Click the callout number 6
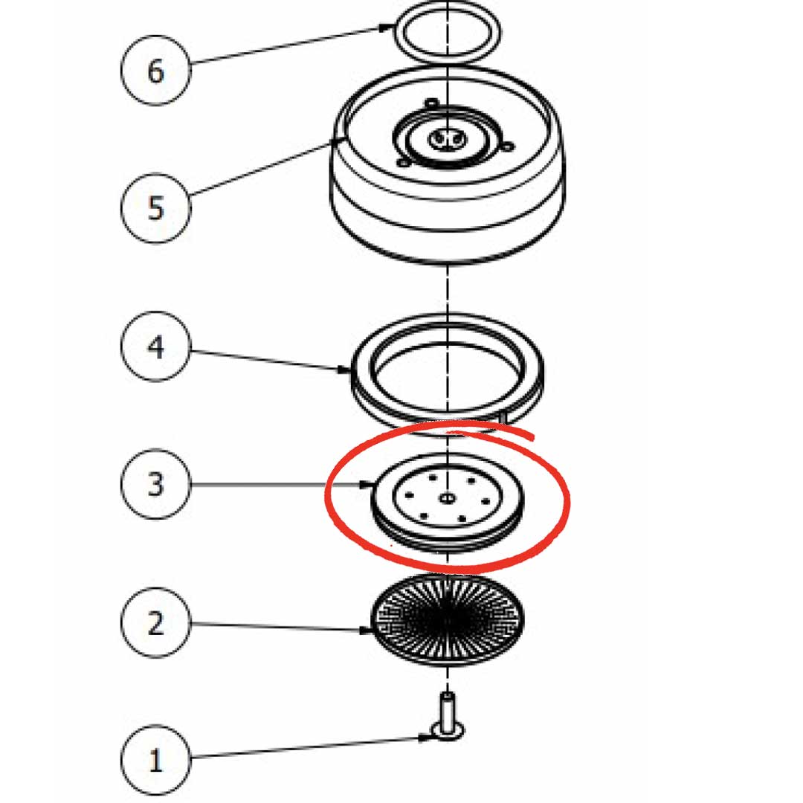[155, 71]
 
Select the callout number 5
[155, 208]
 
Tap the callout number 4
[155, 346]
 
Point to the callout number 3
[155, 484]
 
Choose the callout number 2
[155, 623]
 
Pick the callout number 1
[155, 760]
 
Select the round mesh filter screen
[448, 620]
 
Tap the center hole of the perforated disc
[447, 497]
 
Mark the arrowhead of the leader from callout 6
[387, 27]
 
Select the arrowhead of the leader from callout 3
[365, 484]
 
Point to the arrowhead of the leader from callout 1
[425, 738]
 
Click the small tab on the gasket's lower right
[503, 416]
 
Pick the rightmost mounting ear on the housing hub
[508, 147]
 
